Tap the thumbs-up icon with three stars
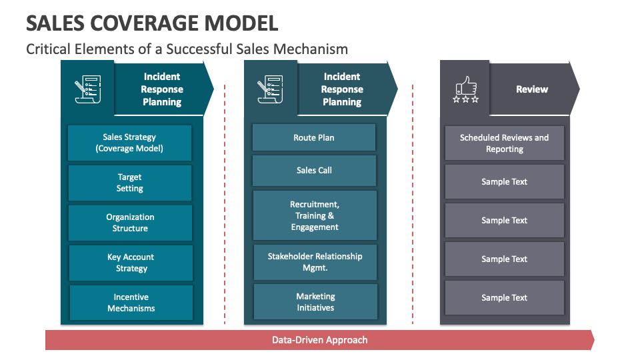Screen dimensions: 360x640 (465, 89)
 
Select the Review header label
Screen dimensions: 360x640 (531, 89)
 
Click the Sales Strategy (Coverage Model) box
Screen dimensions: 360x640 (129, 143)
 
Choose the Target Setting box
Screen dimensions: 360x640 (129, 183)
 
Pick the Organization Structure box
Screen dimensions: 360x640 (130, 223)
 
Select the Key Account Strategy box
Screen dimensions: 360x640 (131, 263)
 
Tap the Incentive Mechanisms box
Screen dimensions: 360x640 (131, 303)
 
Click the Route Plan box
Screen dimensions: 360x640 (314, 137)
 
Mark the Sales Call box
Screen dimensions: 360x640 (314, 171)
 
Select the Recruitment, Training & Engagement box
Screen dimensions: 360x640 (315, 216)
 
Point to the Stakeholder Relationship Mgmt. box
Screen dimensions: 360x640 (315, 262)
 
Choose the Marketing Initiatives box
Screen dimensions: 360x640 (315, 302)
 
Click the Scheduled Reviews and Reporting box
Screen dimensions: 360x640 (504, 143)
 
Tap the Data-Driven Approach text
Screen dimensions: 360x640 (319, 340)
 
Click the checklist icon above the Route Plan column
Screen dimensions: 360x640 (271, 89)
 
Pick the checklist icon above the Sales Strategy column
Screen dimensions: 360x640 (87, 89)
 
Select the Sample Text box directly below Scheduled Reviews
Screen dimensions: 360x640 (504, 182)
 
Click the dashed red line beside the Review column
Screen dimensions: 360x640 (413, 200)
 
